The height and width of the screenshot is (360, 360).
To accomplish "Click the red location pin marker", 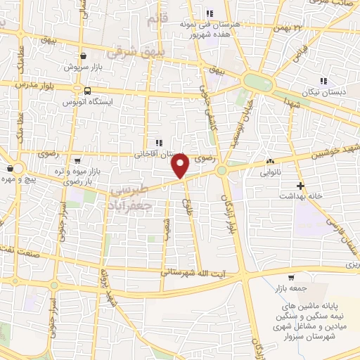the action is point(180,166).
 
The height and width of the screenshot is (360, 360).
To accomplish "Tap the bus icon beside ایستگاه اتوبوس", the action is point(87,91).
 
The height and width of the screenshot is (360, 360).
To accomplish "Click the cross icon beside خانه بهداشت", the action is point(301,186).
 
